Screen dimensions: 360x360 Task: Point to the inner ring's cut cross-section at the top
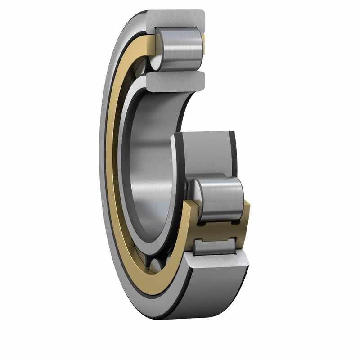[x=175, y=81]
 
